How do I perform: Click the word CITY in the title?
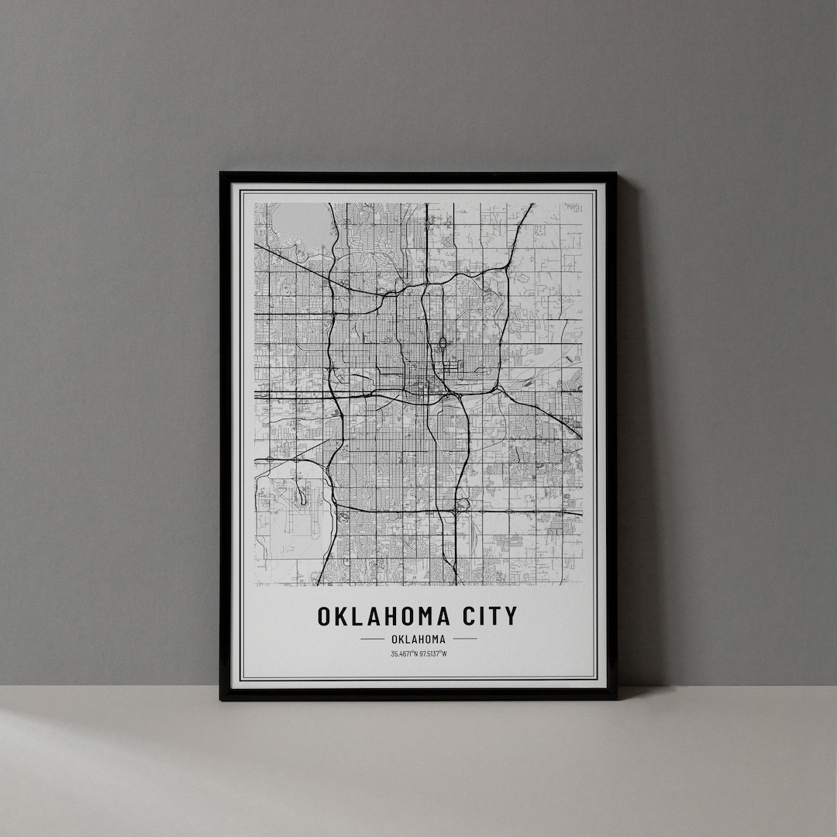pos(489,616)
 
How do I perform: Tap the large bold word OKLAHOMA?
pos(383,616)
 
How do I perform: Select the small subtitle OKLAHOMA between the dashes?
pos(418,639)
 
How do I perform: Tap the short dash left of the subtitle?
pos(372,639)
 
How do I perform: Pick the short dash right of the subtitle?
pos(465,639)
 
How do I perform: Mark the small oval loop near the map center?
pos(442,343)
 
